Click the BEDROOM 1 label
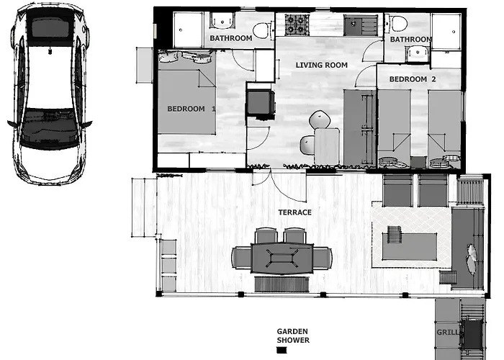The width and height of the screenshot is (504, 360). (x=192, y=109)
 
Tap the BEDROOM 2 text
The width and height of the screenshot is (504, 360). (x=413, y=78)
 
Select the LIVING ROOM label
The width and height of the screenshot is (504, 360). (x=321, y=65)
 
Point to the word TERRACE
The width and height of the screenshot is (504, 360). (x=295, y=212)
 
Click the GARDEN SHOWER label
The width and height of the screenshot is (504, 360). (x=293, y=336)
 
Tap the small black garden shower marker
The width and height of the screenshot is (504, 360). (x=282, y=351)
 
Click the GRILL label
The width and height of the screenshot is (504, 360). (x=446, y=333)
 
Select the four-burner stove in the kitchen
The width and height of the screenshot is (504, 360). (x=296, y=25)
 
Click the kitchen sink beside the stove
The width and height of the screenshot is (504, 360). (x=354, y=25)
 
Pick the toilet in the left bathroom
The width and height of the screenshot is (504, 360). (x=261, y=30)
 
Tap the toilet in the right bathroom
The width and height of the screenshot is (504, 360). (x=399, y=23)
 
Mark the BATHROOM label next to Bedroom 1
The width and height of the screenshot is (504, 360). (x=230, y=38)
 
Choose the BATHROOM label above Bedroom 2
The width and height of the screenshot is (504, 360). (x=411, y=40)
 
